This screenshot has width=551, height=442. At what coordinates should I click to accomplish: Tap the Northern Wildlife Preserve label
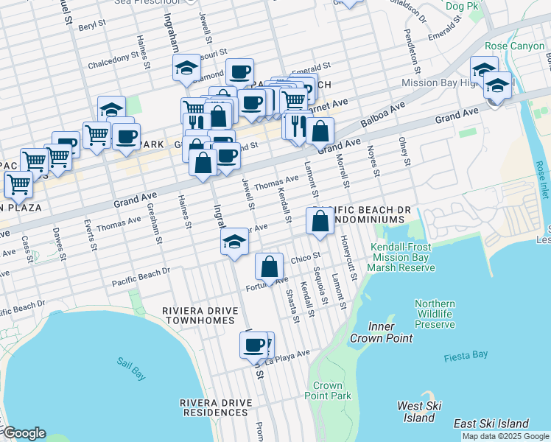pyautogui.click(x=435, y=314)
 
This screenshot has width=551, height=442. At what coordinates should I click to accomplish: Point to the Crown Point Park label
pyautogui.click(x=328, y=390)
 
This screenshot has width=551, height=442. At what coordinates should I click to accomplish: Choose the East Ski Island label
pyautogui.click(x=491, y=424)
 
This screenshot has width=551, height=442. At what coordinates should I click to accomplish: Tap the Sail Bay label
pyautogui.click(x=131, y=368)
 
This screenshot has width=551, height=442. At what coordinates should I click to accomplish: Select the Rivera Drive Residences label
pyautogui.click(x=216, y=408)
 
